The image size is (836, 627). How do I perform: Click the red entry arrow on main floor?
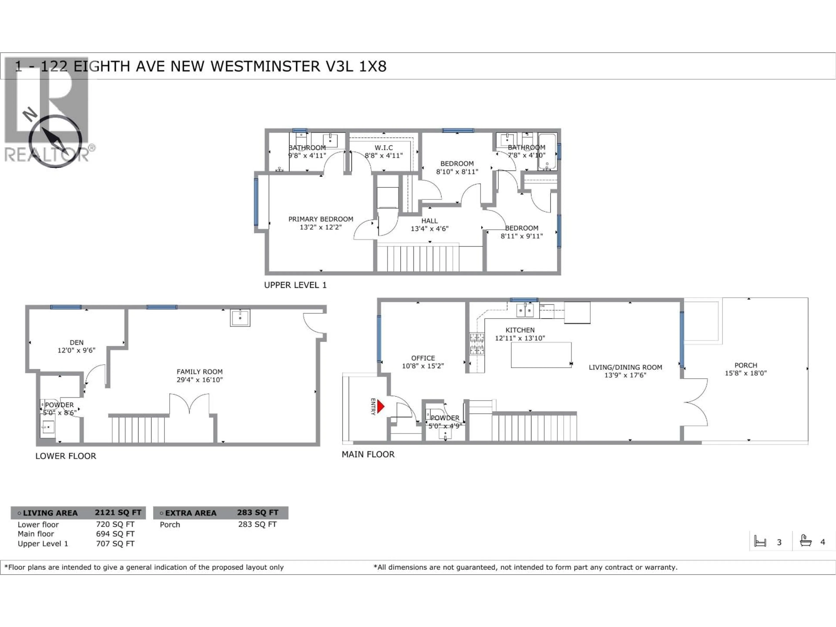point(381,407)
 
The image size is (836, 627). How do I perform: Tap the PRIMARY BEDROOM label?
point(320,219)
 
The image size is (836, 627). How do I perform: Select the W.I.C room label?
point(384,148)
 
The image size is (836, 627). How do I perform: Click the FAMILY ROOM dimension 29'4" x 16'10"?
point(200,380)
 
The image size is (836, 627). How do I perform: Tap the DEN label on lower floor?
point(76,342)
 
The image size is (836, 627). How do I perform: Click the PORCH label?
point(746,365)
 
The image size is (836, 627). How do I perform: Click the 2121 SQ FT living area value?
point(118,512)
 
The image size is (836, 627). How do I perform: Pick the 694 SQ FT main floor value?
point(115,534)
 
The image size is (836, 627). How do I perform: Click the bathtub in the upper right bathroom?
point(547,151)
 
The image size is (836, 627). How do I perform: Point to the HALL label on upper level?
point(429,221)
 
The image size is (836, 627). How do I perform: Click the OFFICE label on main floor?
point(423,358)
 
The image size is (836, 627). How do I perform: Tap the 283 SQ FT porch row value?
point(257,524)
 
